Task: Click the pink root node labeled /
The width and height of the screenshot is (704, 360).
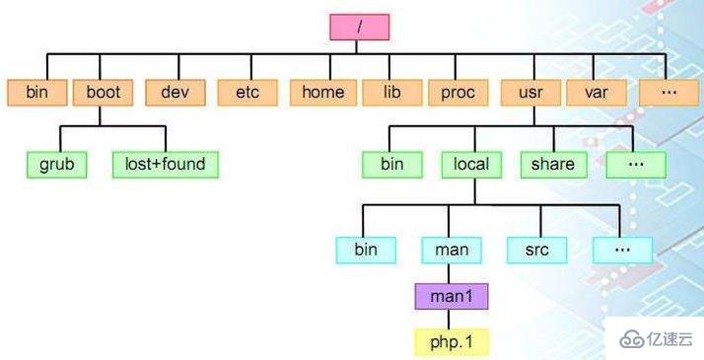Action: tap(361, 27)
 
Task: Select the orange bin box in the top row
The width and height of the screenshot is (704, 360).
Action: tap(36, 93)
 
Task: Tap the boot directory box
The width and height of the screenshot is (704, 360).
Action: tap(103, 93)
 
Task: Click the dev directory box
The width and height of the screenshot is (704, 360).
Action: tap(175, 93)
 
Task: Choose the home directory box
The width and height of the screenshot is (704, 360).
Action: tap(322, 93)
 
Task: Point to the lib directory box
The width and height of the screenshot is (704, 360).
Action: tap(389, 93)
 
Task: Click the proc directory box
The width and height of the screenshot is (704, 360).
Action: tap(458, 93)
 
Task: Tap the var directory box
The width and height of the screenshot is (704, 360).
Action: tap(595, 93)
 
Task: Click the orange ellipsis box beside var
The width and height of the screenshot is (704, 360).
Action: tap(668, 93)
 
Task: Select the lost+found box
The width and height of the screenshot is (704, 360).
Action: tap(165, 164)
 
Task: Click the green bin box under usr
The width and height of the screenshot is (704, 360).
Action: tap(392, 164)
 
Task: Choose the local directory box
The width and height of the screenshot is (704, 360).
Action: tap(471, 164)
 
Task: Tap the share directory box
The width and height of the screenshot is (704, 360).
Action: tap(553, 164)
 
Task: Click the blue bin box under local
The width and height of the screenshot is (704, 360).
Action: tap(365, 250)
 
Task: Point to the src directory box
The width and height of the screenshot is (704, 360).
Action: tap(535, 250)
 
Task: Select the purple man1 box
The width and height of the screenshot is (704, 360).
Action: tap(451, 296)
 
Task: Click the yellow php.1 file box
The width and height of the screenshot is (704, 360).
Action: tap(452, 342)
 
